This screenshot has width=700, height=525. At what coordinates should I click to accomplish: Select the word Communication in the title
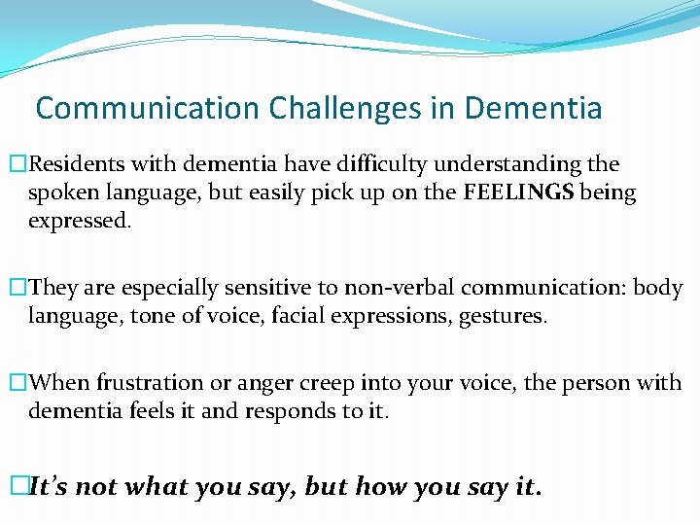(x=147, y=108)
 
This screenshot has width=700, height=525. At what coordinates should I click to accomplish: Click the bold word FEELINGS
(x=519, y=193)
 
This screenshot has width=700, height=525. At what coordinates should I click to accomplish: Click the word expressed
(x=77, y=221)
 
